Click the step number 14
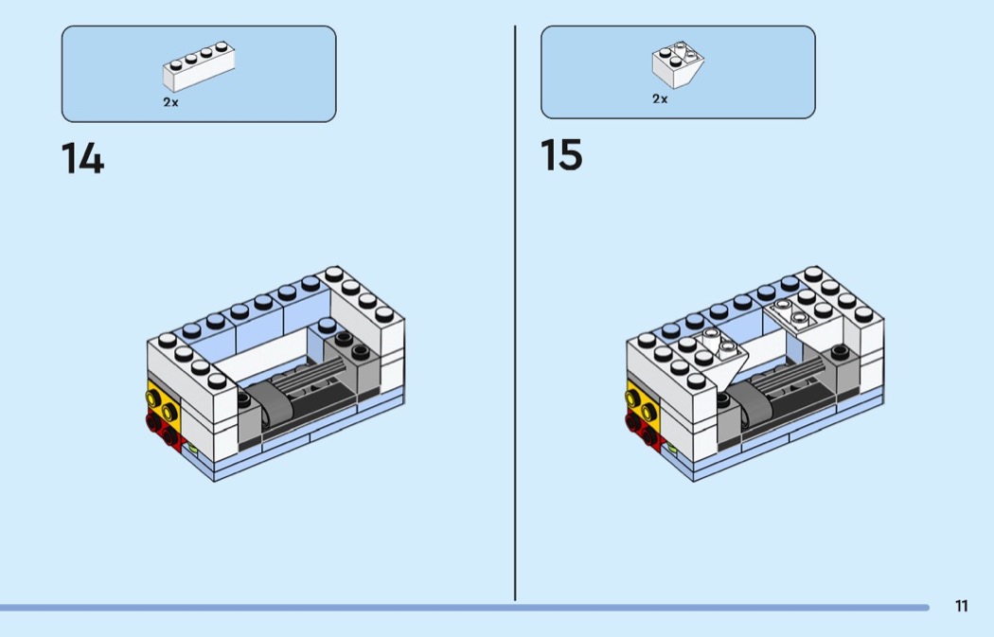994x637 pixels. coord(83,158)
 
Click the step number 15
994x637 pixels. coord(561,155)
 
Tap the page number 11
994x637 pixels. coord(962,607)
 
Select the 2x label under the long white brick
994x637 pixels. coord(170,102)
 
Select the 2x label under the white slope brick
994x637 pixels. coord(660,98)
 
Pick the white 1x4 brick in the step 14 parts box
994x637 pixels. coord(199,66)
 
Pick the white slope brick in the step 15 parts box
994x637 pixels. coord(677,63)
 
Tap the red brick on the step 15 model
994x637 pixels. coord(643,428)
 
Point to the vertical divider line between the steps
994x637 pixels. coord(515,312)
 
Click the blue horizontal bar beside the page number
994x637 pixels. coord(464,608)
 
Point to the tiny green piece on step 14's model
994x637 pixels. coord(192,450)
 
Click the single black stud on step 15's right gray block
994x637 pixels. coord(838,351)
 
